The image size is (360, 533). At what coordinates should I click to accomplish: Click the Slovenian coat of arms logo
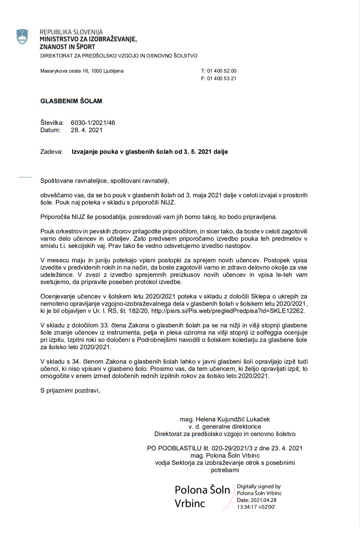click(x=23, y=37)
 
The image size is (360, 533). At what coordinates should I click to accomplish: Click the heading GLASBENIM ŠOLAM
click(x=71, y=101)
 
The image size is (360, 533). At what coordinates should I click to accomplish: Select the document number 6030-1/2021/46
click(x=93, y=123)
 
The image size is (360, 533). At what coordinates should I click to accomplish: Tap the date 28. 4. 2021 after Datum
click(x=86, y=130)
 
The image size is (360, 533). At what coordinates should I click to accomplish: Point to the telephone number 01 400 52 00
click(x=222, y=71)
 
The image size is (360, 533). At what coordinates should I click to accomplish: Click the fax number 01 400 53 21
click(x=222, y=79)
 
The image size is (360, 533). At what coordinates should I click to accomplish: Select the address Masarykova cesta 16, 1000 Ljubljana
click(x=82, y=71)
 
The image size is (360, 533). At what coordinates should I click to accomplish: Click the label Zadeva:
click(x=51, y=152)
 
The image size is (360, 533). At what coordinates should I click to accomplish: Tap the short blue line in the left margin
click(x=25, y=177)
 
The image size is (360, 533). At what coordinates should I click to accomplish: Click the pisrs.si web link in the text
click(x=228, y=311)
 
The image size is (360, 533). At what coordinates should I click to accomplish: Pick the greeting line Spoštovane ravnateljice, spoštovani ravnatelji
click(x=105, y=181)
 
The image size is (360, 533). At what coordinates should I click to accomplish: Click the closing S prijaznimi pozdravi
click(x=70, y=391)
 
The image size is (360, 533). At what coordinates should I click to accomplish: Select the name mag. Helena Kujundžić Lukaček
click(x=225, y=419)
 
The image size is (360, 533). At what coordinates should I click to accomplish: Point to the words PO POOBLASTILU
click(x=174, y=448)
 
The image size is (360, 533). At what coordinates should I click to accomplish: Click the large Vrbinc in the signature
click(x=190, y=503)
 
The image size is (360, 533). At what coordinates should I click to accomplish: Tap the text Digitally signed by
click(x=259, y=487)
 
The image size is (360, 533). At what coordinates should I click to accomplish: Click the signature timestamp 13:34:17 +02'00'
click(x=256, y=507)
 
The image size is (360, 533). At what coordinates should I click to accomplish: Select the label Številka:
click(x=52, y=123)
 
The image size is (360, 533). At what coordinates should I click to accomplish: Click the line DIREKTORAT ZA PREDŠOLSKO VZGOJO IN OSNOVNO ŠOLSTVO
click(x=119, y=56)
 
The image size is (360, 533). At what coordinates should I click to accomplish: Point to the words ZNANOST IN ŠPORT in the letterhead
click(x=67, y=47)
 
